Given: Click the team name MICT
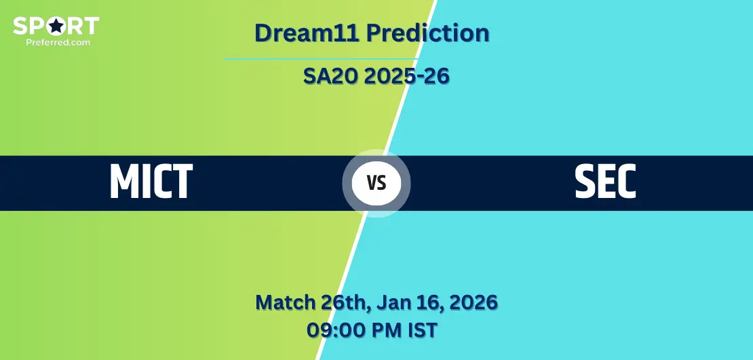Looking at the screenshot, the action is pos(151,182).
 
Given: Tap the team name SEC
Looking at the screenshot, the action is pos(605,182).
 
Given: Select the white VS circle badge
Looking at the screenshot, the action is pos(376,183).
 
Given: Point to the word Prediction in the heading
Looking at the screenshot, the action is pos(428,33).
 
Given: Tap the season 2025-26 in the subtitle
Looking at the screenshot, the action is pos(407,77).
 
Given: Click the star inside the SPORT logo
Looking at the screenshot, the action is pos(56,26).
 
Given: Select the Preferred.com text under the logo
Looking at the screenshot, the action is pos(58,42).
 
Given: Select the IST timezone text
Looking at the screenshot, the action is pos(423,330).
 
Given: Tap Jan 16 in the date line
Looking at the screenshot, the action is pos(406,302).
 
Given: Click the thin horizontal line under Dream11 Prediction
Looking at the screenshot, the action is pos(321,59).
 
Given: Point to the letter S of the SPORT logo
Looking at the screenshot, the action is pos(19,26).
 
